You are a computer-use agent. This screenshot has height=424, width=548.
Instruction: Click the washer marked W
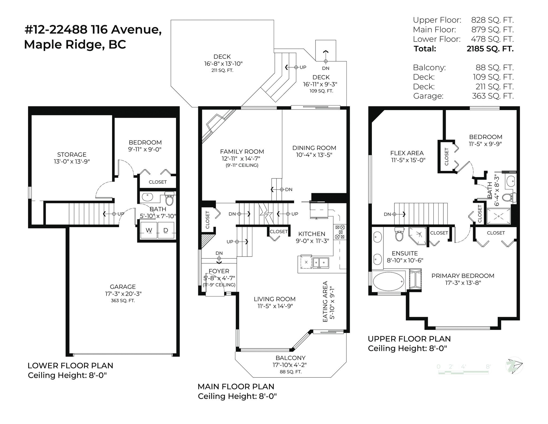(x=149, y=230)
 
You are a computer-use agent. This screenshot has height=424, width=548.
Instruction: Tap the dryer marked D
(x=166, y=230)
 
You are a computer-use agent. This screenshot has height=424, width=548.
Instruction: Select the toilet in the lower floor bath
(x=169, y=198)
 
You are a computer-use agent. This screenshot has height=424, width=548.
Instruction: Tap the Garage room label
(x=123, y=287)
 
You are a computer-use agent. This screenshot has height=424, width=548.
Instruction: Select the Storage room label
(x=72, y=155)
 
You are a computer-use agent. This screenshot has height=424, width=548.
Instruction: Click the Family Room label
(x=242, y=152)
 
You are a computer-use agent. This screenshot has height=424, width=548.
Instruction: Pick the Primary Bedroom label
(x=463, y=276)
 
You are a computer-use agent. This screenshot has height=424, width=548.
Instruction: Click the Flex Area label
(x=407, y=153)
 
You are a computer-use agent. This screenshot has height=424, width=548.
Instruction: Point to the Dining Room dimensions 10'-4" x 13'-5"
(x=314, y=155)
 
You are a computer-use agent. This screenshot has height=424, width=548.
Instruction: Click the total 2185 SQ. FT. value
(x=490, y=49)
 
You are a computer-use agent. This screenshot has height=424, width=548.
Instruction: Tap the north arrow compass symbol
(x=514, y=365)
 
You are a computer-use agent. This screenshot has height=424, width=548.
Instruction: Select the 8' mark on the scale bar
(x=488, y=366)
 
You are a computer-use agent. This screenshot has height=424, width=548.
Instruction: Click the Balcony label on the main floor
(x=290, y=358)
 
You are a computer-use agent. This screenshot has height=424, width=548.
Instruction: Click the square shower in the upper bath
(x=498, y=216)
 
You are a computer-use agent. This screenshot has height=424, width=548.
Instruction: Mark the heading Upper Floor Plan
(x=409, y=339)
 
